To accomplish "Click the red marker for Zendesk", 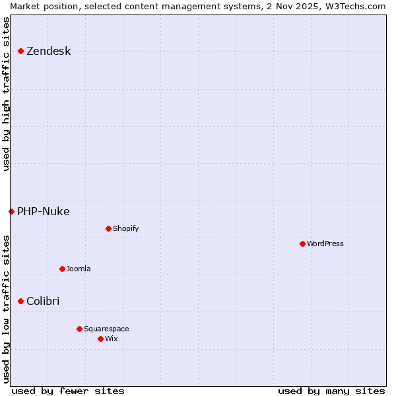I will click(x=20, y=51).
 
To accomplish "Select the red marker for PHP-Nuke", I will click(x=11, y=211).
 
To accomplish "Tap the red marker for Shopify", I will click(x=108, y=228).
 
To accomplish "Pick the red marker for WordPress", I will click(x=302, y=244).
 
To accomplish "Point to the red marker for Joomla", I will click(x=62, y=269).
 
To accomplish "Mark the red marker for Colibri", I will click(x=20, y=301).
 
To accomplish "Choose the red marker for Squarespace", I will click(x=79, y=329).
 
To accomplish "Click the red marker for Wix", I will click(x=100, y=339).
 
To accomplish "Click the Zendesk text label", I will click(x=48, y=51).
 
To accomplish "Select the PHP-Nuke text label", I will click(x=43, y=212).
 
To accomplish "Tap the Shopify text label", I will click(x=125, y=229).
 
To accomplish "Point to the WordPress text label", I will click(x=325, y=244).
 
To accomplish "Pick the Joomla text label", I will click(x=79, y=269).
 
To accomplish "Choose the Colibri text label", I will click(x=43, y=302).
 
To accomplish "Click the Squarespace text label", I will click(x=106, y=329).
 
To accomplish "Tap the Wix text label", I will click(x=111, y=339).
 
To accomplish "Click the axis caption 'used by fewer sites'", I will click(x=68, y=391).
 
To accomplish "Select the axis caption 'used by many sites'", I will click(x=331, y=391).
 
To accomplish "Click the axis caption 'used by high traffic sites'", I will click(x=6, y=94).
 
